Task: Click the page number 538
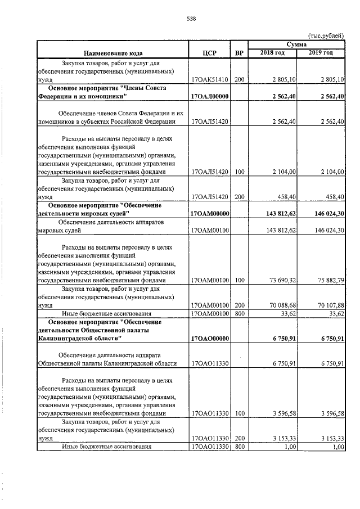pyautogui.click(x=191, y=19)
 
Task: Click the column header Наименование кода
pyautogui.click(x=111, y=53)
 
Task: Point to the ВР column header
pyautogui.click(x=239, y=53)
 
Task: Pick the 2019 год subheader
pyautogui.click(x=321, y=53)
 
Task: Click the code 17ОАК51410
pyautogui.click(x=210, y=79)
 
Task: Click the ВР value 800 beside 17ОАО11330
pyautogui.click(x=239, y=447)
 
